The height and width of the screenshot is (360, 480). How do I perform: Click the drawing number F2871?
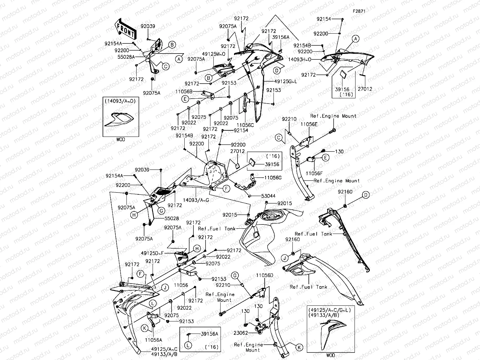pos(359,11)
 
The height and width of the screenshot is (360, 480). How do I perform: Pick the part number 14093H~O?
pos(300,59)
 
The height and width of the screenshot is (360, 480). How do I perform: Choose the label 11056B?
pos(184,92)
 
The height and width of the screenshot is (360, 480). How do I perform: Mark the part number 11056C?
pos(245,125)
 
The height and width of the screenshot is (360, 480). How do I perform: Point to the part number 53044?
pos(268,196)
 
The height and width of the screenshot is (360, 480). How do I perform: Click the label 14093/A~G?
pos(196,200)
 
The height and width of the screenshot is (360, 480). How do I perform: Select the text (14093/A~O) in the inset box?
pos(120,101)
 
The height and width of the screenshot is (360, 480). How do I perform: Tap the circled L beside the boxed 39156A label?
pos(188,345)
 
